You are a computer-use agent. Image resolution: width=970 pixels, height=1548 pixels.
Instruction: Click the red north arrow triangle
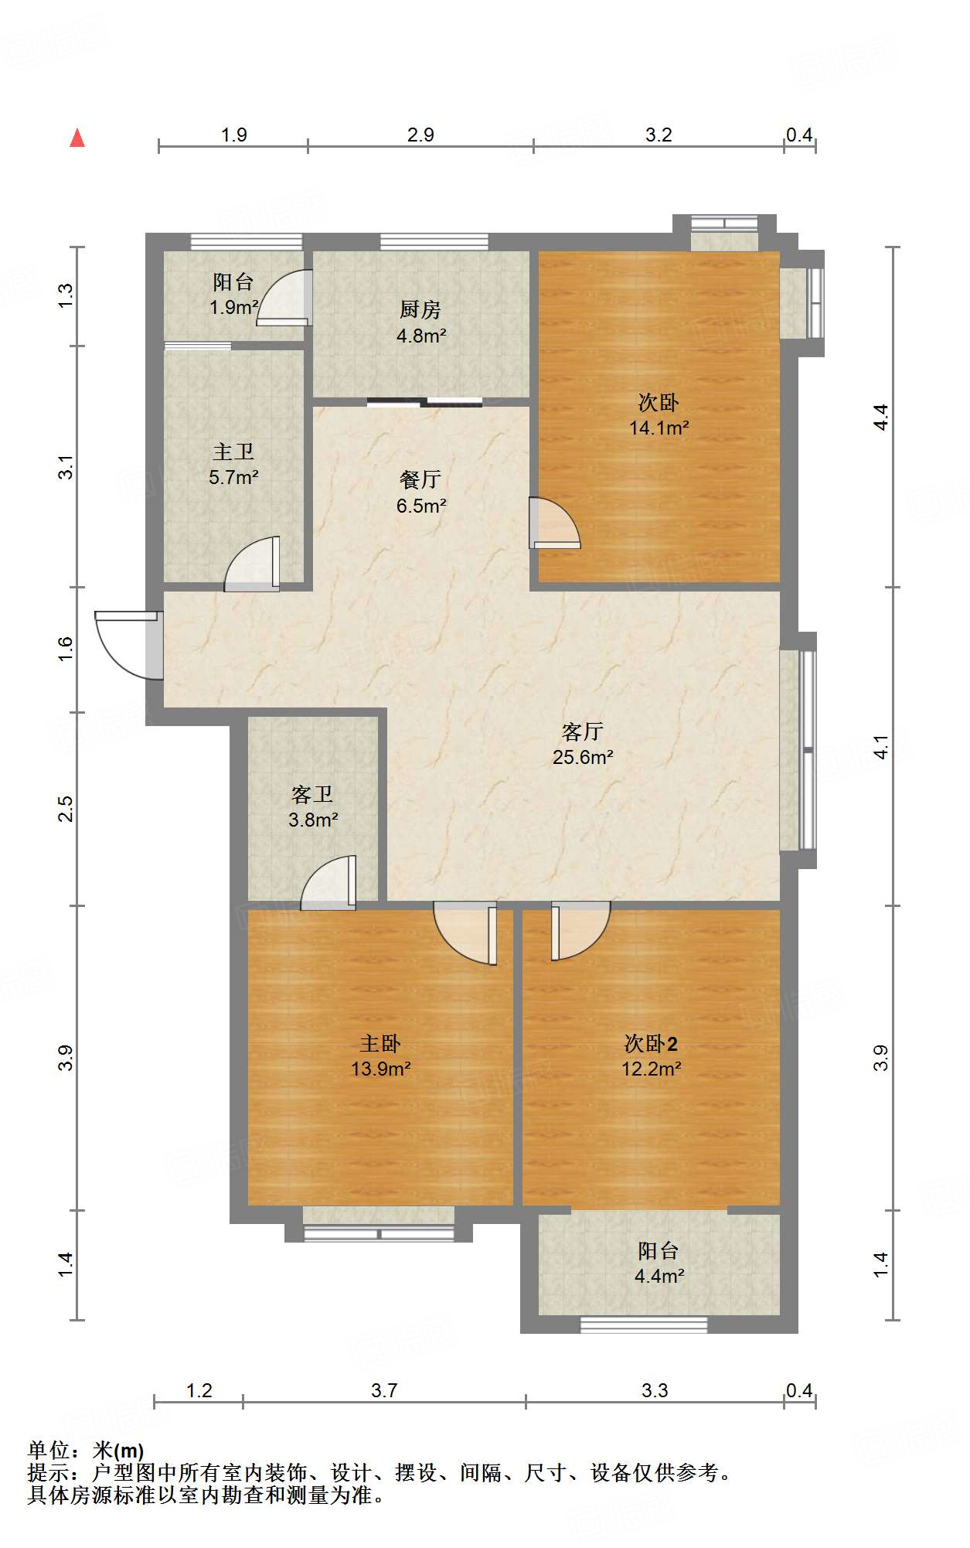click(77, 138)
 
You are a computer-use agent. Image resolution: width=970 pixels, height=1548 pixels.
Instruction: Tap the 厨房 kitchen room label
click(420, 310)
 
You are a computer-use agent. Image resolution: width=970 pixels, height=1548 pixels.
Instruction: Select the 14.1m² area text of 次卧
click(659, 428)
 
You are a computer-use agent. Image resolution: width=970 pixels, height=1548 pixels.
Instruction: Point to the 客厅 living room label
click(583, 731)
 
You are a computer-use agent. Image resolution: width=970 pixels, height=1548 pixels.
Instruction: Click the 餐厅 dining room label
click(420, 479)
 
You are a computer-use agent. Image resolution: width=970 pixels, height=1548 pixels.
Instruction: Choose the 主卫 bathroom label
click(233, 452)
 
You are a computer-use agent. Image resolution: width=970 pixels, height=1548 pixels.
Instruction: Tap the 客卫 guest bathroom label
click(312, 794)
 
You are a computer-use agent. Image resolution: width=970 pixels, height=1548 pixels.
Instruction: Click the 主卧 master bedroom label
click(380, 1044)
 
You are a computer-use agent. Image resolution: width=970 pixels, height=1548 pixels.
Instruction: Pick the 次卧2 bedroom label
click(651, 1044)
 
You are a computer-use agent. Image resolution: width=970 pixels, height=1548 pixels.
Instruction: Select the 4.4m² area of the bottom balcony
click(659, 1276)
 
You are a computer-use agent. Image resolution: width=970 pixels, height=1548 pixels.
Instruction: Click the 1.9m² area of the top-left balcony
click(233, 307)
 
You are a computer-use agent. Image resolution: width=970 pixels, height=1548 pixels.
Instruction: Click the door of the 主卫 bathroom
click(252, 564)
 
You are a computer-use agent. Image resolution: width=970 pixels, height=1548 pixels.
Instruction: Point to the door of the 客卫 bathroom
click(328, 883)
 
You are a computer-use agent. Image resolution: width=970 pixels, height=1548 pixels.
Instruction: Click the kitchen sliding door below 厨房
click(424, 402)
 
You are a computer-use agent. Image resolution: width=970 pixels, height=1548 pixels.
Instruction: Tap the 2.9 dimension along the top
click(420, 135)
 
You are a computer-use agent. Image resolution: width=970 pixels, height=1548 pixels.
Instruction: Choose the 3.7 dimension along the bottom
click(384, 1390)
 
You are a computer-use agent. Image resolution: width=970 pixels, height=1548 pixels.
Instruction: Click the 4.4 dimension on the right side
click(880, 418)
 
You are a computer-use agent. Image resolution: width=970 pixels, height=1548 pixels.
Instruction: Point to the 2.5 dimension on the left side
click(66, 808)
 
